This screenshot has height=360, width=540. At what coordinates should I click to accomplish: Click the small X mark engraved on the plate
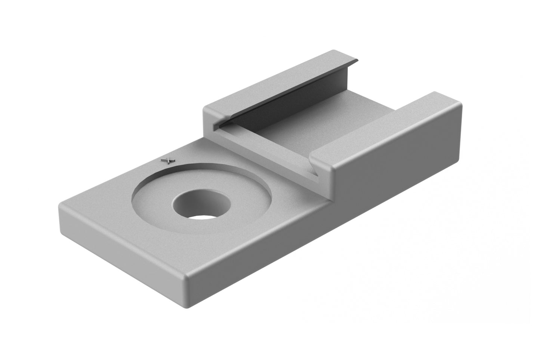(168, 160)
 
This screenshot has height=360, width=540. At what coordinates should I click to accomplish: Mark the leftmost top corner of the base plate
(60, 205)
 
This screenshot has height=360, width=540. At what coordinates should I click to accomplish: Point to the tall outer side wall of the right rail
(396, 161)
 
